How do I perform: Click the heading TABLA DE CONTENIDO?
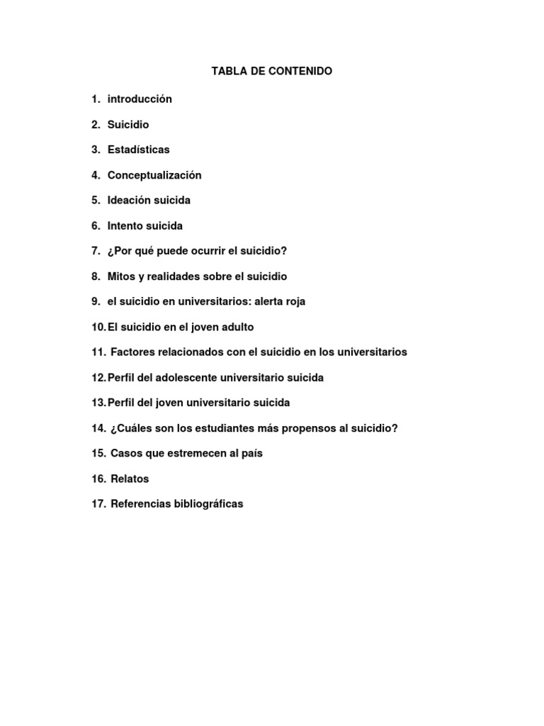click(x=271, y=72)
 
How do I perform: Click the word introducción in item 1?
click(x=140, y=99)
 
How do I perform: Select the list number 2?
click(x=95, y=125)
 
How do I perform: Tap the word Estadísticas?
click(x=138, y=150)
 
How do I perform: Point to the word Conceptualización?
click(x=154, y=175)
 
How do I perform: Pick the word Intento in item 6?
click(x=126, y=226)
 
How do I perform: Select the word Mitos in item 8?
click(x=121, y=277)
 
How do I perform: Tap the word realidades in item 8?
click(x=169, y=277)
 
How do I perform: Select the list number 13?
click(x=98, y=403)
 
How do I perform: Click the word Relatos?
click(x=130, y=479)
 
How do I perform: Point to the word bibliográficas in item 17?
click(x=209, y=504)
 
